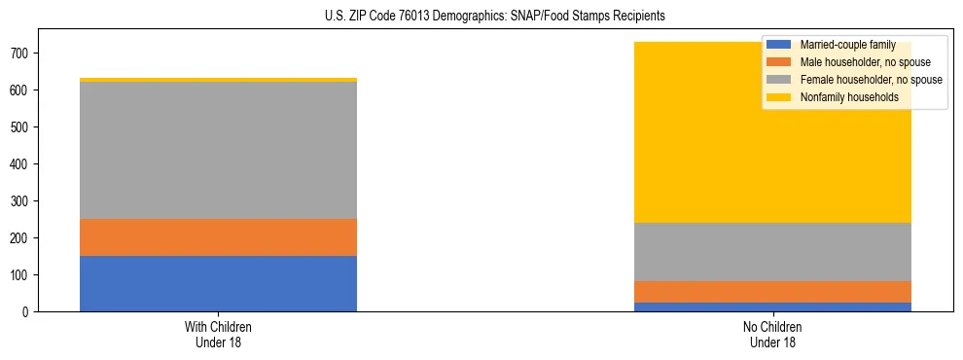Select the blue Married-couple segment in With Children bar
[218, 283]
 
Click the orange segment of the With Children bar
[218, 237]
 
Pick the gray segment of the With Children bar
[218, 150]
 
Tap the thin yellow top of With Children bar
[218, 80]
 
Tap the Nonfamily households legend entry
[849, 97]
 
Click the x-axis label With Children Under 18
[218, 335]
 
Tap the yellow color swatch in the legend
[779, 97]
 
